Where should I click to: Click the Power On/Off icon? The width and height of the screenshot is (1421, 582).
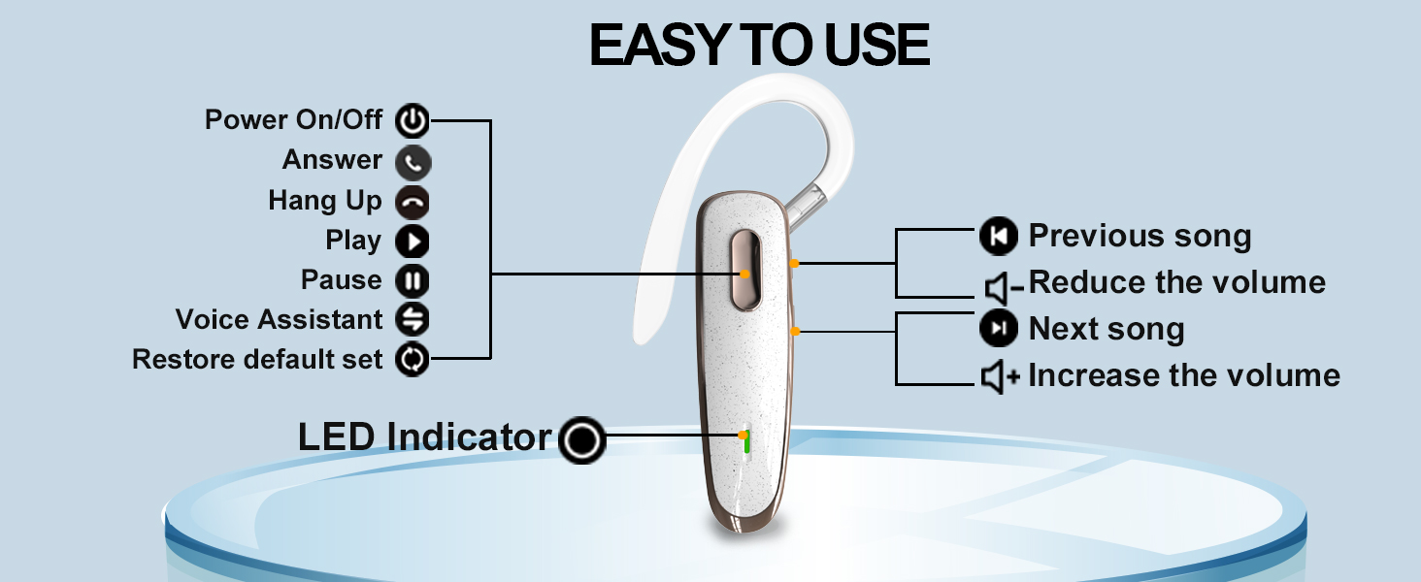tap(413, 121)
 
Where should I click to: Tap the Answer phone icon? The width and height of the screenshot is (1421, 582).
tap(413, 162)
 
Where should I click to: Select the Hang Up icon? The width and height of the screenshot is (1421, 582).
tap(413, 202)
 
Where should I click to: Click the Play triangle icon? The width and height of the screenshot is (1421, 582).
tap(413, 242)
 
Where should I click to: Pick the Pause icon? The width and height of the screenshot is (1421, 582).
tap(413, 281)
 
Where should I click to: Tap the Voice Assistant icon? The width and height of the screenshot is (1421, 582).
tap(413, 320)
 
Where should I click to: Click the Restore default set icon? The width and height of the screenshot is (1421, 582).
tap(413, 360)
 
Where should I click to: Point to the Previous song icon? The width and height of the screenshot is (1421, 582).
tap(999, 236)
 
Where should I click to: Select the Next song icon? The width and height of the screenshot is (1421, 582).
tap(999, 329)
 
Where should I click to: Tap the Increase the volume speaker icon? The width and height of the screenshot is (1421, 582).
tap(1001, 376)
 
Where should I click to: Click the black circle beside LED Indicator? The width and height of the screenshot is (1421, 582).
tap(582, 441)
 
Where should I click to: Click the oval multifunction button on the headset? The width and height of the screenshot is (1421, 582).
tap(745, 271)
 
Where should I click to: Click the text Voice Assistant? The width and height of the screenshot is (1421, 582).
tap(280, 320)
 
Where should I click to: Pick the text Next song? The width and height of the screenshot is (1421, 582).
tap(1106, 330)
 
